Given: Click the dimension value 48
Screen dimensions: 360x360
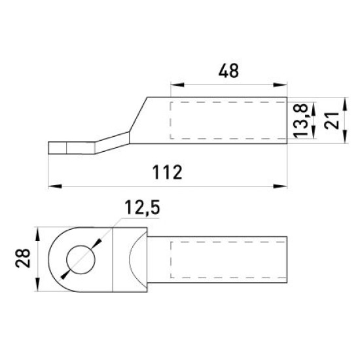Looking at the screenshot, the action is (x=228, y=71).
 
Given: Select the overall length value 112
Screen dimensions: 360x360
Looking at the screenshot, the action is (x=168, y=172).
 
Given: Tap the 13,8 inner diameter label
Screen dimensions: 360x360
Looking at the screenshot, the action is (x=300, y=120).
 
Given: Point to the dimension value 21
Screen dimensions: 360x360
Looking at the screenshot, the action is (x=332, y=120).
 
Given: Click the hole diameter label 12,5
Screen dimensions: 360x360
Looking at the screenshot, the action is (x=142, y=208).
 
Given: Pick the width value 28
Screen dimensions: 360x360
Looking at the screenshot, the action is (x=23, y=258).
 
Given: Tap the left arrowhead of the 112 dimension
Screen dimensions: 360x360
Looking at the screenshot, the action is (x=55, y=186).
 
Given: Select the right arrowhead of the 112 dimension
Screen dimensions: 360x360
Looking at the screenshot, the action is (x=280, y=186).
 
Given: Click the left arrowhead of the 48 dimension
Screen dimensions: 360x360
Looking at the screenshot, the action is (x=177, y=84).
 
